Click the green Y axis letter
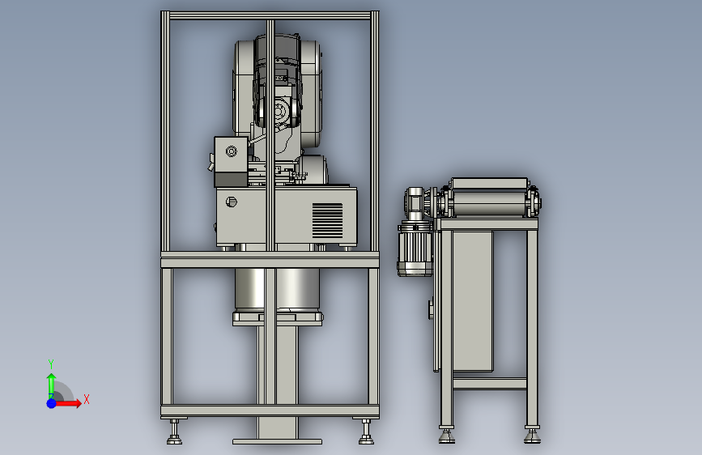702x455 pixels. pos(51,364)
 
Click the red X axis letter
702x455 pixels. pos(87,399)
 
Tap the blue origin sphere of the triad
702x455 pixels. pos(52,403)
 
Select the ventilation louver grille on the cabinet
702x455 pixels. pos(327,220)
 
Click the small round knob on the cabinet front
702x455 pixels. pos(231,202)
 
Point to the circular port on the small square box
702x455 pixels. pos(231,151)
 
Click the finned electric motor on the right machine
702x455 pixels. pos(415,248)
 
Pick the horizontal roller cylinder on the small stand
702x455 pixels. pos(489,203)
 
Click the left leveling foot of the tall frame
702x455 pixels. pos(174,432)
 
